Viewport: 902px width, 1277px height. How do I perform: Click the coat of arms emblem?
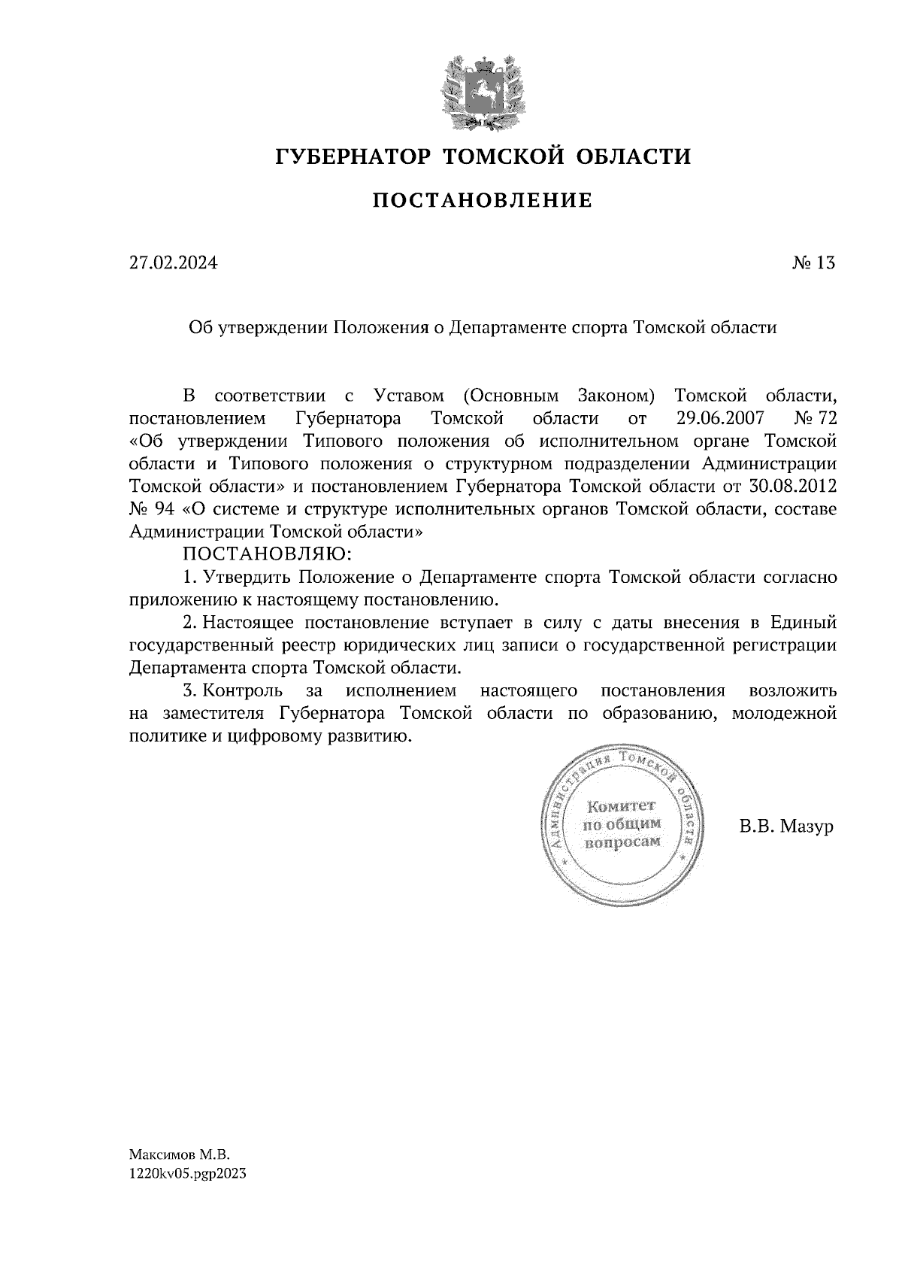482,89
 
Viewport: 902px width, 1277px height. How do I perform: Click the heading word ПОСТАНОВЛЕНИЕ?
482,201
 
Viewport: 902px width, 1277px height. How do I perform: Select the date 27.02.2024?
174,264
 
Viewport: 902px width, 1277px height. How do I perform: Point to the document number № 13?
813,264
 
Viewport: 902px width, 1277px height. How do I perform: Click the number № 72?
815,418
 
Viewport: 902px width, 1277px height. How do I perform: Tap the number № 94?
152,509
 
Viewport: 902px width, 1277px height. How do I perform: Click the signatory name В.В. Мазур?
786,827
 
